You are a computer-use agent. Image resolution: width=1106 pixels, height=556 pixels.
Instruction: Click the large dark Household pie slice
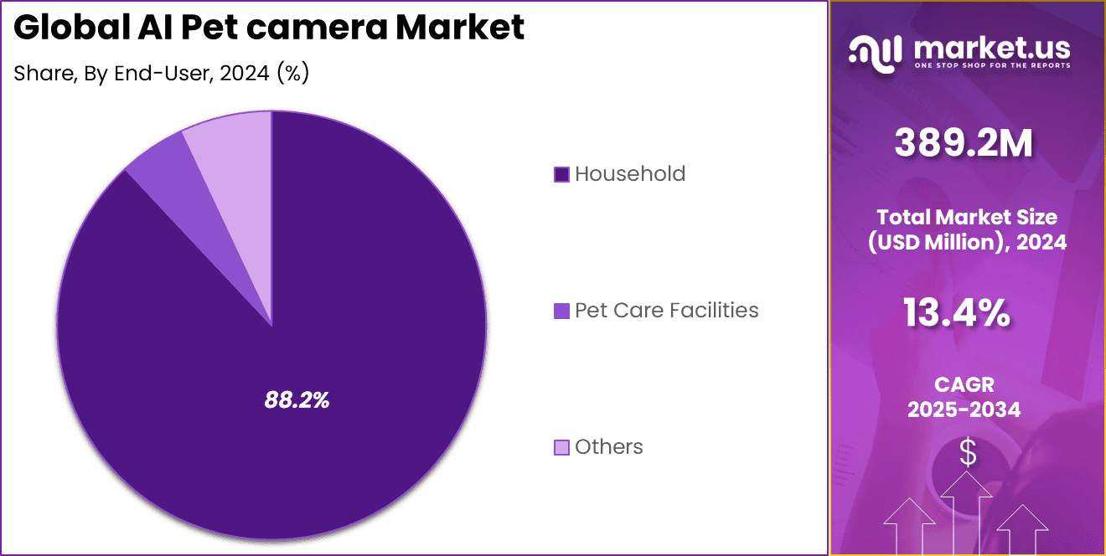[335, 335]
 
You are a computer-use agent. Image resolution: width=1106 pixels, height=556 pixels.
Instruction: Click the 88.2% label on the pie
[297, 400]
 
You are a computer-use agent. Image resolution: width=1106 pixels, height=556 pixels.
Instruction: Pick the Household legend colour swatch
[561, 174]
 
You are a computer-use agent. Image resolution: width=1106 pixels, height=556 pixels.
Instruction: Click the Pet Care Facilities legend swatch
[561, 311]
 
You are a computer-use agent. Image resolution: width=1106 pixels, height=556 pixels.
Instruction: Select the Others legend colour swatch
[561, 447]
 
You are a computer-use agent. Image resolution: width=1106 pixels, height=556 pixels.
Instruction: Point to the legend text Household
[630, 174]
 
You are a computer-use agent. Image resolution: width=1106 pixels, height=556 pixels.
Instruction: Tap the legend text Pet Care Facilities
[667, 311]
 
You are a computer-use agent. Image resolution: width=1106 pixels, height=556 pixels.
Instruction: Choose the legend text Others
[609, 447]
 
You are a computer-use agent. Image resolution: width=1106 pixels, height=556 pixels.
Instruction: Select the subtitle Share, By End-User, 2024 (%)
[162, 74]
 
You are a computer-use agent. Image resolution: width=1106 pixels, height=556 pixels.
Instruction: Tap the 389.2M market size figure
[964, 144]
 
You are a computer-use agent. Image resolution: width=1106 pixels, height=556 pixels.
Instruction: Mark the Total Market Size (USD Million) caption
[968, 229]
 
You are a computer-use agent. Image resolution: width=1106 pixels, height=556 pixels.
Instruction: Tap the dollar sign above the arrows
[968, 453]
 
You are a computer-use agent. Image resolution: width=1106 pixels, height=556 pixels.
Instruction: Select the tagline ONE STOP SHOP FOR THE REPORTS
[991, 65]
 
